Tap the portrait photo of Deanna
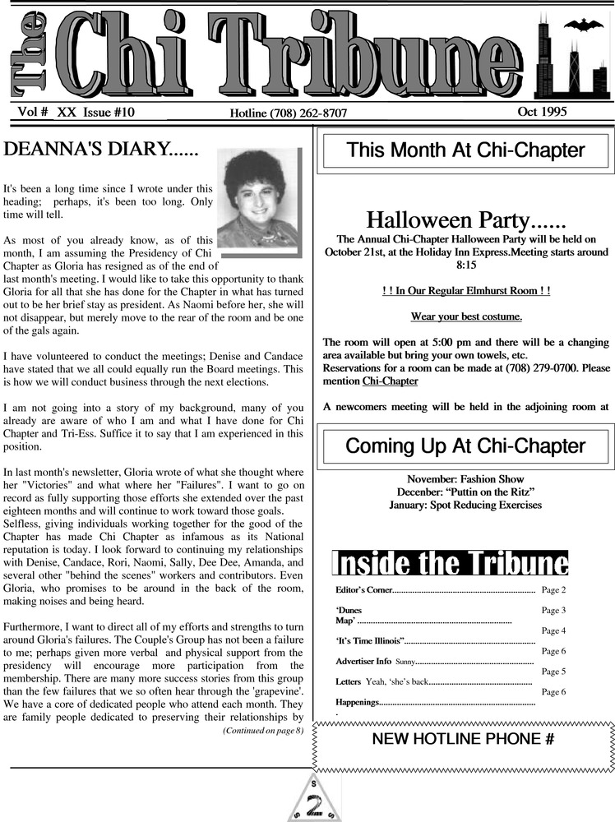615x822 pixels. coord(258,200)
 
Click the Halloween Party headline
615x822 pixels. coord(465,220)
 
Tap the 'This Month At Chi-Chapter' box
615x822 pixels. coord(465,150)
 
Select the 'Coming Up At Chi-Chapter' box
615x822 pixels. coord(465,446)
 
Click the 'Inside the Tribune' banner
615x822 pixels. coord(450,563)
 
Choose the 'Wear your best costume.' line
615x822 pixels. coord(466,316)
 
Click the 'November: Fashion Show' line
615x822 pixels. coord(465,478)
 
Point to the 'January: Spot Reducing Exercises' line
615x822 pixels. coord(465,505)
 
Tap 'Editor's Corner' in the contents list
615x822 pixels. coord(364,590)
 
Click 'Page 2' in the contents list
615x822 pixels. coord(553,589)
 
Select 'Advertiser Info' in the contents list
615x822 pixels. coord(363,661)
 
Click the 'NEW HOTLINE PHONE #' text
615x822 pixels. coord(463,739)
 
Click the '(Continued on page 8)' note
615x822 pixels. coord(262,730)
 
